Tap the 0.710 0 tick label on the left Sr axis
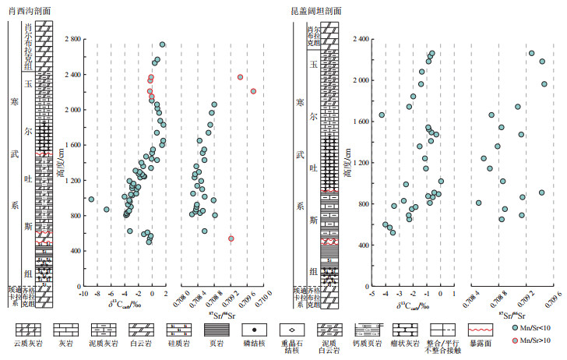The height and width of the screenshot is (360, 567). [x=262, y=295]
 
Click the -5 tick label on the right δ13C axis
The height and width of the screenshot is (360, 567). [x=372, y=295]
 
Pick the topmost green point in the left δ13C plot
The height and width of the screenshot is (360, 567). [x=162, y=45]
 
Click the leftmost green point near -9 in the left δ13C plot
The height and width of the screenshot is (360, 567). [x=91, y=199]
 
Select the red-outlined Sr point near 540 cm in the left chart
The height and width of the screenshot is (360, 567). [x=231, y=238]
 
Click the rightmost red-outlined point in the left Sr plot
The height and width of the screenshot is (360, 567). [x=253, y=91]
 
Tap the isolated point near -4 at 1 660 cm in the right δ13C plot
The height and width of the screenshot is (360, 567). [x=382, y=115]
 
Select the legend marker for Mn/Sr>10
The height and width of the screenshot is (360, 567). [x=516, y=341]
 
